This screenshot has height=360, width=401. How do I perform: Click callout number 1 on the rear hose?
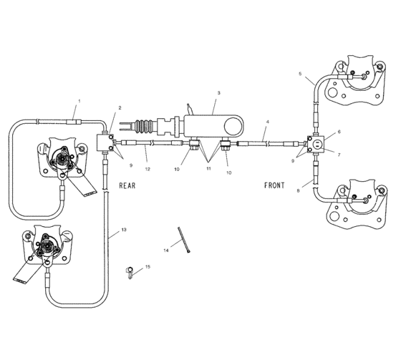pyautogui.click(x=79, y=101)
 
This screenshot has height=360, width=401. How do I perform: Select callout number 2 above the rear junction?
pyautogui.click(x=120, y=108)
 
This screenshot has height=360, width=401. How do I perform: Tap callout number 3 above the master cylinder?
pyautogui.click(x=218, y=93)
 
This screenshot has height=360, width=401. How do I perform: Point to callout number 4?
pyautogui.click(x=266, y=122)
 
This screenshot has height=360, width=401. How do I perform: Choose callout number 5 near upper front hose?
pyautogui.click(x=300, y=74)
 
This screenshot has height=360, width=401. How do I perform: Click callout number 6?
pyautogui.click(x=339, y=132)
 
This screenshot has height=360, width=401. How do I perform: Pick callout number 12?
pyautogui.click(x=147, y=169)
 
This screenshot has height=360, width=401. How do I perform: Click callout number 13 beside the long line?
pyautogui.click(x=124, y=230)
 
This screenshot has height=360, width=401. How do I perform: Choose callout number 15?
pyautogui.click(x=148, y=267)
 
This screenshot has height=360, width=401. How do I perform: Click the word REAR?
pyautogui.click(x=128, y=185)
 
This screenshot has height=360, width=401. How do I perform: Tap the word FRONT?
pyautogui.click(x=274, y=185)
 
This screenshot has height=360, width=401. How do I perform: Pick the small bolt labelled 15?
pyautogui.click(x=131, y=272)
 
